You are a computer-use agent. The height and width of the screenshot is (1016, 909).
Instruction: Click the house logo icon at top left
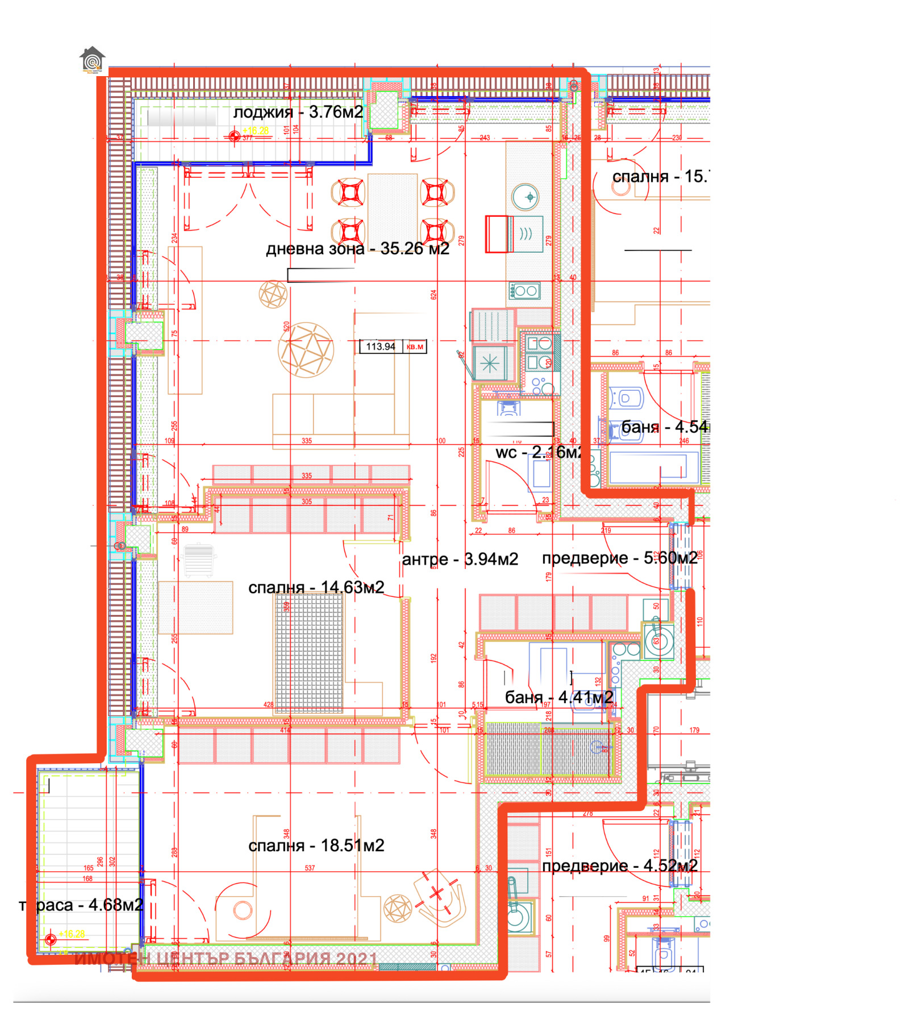pyautogui.click(x=93, y=60)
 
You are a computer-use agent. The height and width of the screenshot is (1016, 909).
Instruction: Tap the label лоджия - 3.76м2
pyautogui.click(x=298, y=112)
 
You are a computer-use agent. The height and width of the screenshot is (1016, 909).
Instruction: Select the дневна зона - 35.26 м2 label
pyautogui.click(x=357, y=248)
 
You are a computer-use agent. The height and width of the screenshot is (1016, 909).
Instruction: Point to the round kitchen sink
pyautogui.click(x=525, y=197)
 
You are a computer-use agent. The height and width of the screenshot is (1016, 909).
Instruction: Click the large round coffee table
pyautogui.click(x=306, y=349)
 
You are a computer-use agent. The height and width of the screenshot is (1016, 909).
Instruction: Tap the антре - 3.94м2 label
pyautogui.click(x=460, y=559)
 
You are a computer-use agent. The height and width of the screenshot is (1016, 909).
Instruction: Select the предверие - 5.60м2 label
pyautogui.click(x=619, y=558)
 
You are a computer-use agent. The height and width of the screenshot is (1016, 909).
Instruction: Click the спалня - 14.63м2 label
pyautogui.click(x=316, y=587)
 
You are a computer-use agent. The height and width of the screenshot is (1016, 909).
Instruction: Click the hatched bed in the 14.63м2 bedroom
pyautogui.click(x=309, y=653)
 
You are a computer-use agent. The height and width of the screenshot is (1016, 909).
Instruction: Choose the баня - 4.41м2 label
pyautogui.click(x=559, y=697)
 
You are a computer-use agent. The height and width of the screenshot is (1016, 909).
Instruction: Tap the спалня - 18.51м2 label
pyautogui.click(x=316, y=845)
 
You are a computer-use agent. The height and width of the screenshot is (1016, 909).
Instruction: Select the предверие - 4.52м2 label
pyautogui.click(x=619, y=866)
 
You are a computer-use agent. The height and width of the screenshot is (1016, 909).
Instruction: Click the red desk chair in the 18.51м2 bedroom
pyautogui.click(x=437, y=896)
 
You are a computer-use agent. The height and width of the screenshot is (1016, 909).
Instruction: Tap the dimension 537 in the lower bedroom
pyautogui.click(x=310, y=868)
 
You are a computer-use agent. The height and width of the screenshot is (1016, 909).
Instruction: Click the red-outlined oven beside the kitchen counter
pyautogui.click(x=499, y=233)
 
